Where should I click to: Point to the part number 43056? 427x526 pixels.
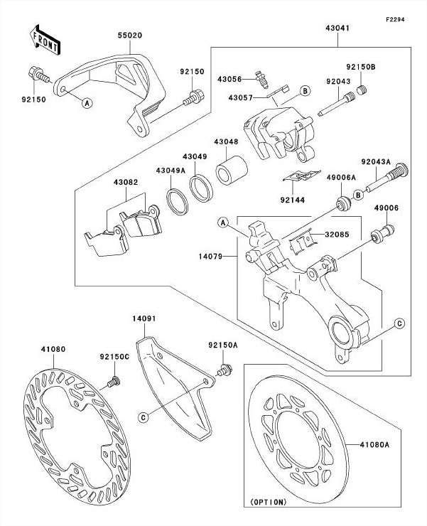pos(229,78)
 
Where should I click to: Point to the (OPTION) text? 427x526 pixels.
pos(268,502)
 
